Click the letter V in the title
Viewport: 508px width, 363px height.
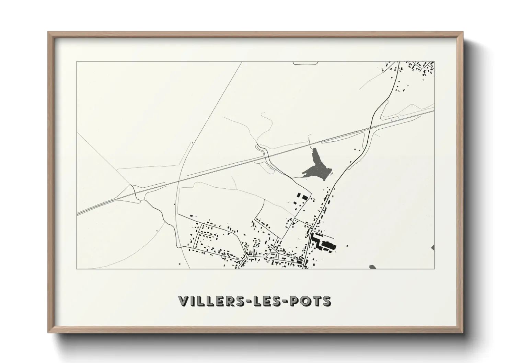[x=184, y=301]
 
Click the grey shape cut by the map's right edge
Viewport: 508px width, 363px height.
[x=433, y=248]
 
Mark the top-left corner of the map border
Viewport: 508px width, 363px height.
[x=77, y=62]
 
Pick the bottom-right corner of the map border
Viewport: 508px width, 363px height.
[x=435, y=269]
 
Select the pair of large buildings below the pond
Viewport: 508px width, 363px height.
[x=301, y=197]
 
